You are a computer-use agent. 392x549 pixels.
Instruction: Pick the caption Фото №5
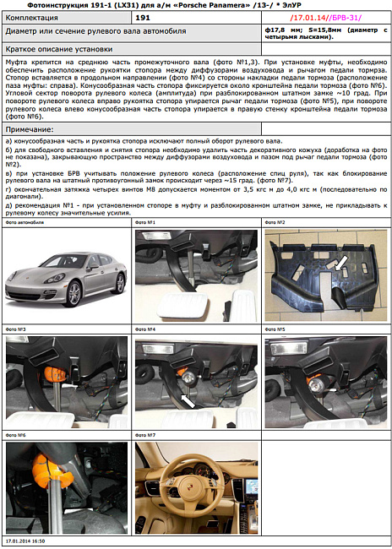[x=275, y=329]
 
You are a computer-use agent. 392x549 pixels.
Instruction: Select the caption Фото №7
[x=146, y=435]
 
